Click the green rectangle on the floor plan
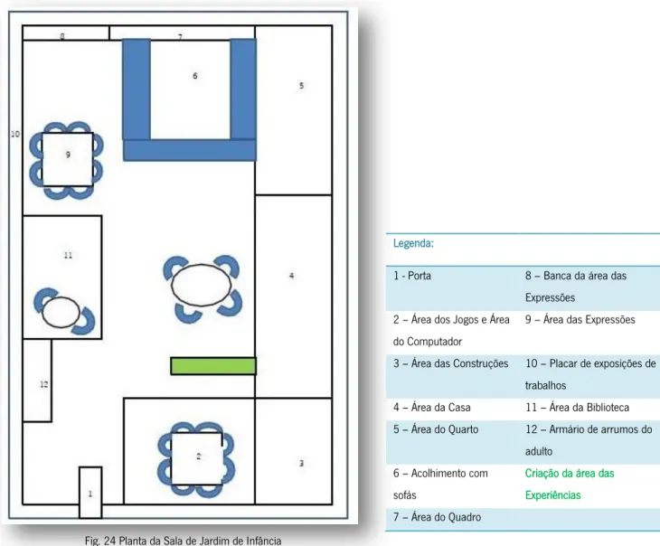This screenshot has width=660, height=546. tap(213, 366)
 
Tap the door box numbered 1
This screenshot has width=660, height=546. tap(90, 492)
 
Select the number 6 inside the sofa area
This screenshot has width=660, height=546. tap(195, 76)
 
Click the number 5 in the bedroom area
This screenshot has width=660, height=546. tap(301, 86)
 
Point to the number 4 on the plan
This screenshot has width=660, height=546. tap(292, 276)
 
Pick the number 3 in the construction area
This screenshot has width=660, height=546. tap(301, 464)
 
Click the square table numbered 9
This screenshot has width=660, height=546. tap(68, 159)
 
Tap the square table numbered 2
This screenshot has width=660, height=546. tap(197, 458)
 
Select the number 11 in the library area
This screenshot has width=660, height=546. tap(68, 255)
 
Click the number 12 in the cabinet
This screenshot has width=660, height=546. tap(44, 384)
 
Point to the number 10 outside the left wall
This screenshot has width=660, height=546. tap(15, 134)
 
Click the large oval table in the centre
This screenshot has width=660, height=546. tap(202, 285)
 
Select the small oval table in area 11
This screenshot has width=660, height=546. tap(61, 312)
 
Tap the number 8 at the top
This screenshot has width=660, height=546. tap(62, 36)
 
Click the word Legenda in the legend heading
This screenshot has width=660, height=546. tap(413, 243)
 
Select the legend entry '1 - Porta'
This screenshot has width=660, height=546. tap(412, 276)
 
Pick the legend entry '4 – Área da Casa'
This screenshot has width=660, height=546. tap(432, 408)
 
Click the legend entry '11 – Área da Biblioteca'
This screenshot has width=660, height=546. tap(577, 408)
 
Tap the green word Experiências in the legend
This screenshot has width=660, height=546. tap(552, 495)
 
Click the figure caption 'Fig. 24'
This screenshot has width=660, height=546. tap(100, 541)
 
